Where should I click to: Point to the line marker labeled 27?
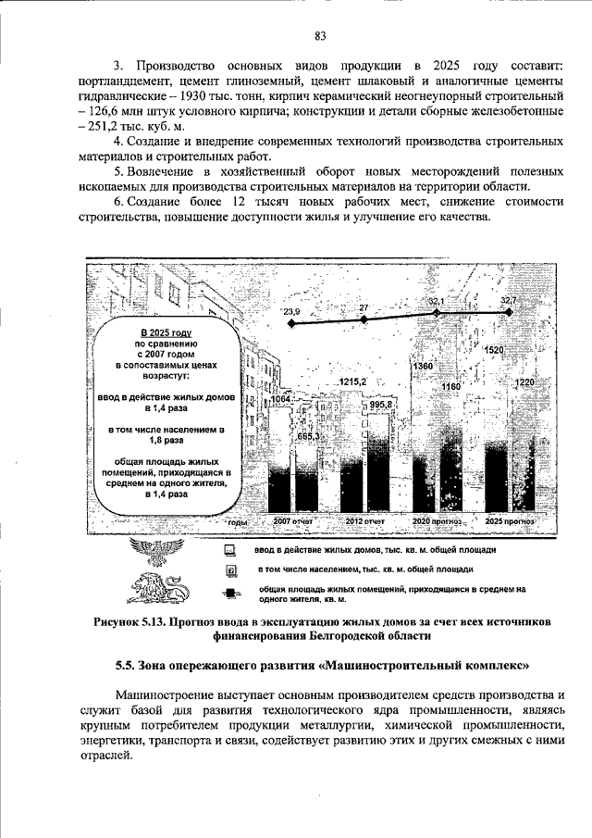(364, 319)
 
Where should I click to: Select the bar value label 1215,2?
(353, 381)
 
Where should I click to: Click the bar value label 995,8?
(380, 406)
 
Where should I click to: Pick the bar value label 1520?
(494, 350)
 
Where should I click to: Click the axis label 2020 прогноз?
(436, 522)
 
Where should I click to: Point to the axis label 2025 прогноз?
(511, 522)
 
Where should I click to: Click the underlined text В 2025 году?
(166, 331)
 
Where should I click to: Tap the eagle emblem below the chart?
(153, 556)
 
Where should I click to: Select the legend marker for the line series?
(232, 594)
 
